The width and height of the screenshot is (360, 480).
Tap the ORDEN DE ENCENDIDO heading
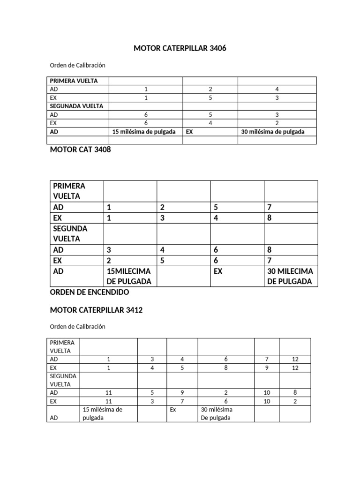[x=89, y=292]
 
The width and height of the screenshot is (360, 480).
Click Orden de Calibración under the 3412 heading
[x=77, y=326]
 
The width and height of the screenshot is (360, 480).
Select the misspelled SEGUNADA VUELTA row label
[x=76, y=106]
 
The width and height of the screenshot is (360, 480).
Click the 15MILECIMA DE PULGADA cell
[x=129, y=276]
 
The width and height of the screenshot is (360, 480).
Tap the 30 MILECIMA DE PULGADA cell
[x=290, y=276]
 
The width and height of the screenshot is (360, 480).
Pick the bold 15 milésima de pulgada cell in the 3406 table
[x=144, y=132]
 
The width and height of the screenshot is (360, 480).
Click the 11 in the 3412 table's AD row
[x=109, y=392]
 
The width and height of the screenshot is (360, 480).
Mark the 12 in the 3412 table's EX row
[x=294, y=367]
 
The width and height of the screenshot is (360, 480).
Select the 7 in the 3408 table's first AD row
[x=270, y=207]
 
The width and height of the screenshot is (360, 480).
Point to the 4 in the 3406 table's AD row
[x=277, y=89]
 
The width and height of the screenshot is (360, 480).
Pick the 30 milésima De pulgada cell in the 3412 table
[x=217, y=413]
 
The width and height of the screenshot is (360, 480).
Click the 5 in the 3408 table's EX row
[x=162, y=260]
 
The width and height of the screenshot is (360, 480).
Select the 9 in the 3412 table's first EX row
[x=266, y=367]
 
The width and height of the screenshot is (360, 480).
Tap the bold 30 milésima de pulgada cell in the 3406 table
[x=272, y=132]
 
